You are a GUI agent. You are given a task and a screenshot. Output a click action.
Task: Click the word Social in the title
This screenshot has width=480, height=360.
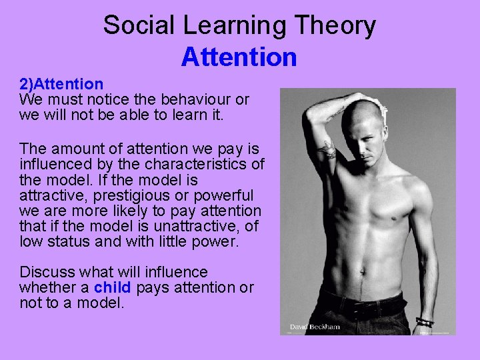(137, 25)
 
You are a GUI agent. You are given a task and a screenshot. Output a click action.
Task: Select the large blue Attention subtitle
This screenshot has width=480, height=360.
(239, 57)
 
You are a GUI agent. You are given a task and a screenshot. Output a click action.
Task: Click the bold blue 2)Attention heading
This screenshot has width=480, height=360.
(61, 84)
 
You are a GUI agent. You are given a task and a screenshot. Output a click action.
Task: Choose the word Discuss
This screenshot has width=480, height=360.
(47, 272)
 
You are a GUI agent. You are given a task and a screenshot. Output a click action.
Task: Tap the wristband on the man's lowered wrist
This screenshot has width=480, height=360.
(425, 322)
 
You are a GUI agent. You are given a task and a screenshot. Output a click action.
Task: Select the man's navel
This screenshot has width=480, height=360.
(363, 271)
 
